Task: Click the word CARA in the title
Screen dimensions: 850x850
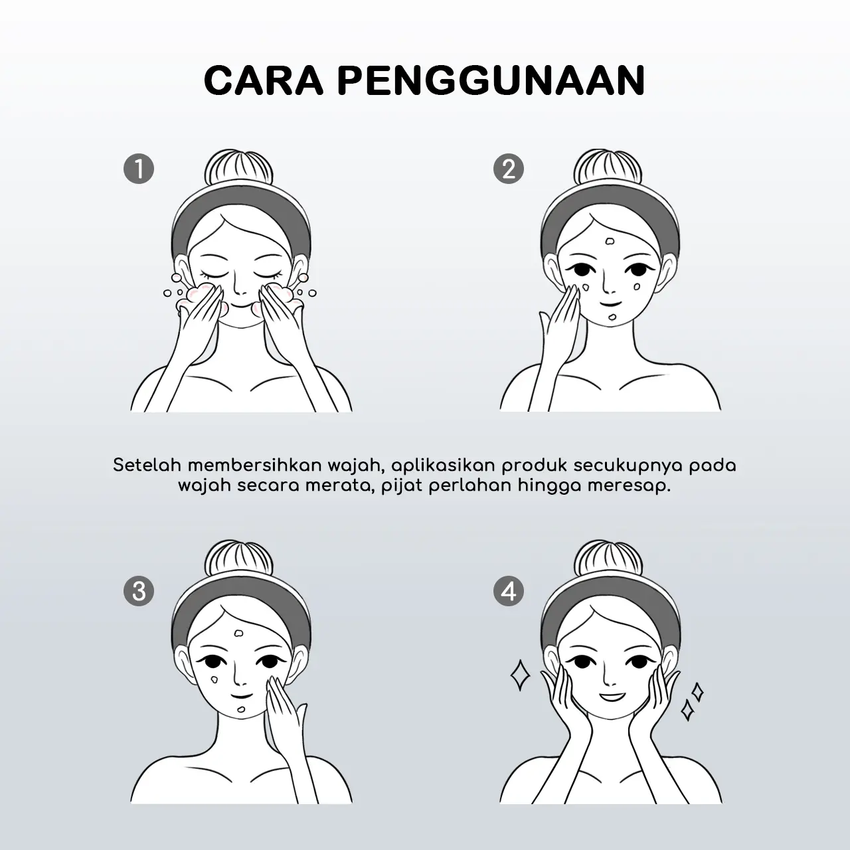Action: [264, 80]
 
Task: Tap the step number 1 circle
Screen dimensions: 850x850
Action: [139, 169]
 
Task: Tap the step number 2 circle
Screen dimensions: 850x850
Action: [509, 169]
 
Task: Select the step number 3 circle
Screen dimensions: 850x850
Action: [139, 591]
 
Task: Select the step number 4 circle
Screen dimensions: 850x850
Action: [509, 591]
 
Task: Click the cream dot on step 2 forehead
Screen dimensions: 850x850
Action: [610, 242]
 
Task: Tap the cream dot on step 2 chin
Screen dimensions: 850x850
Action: [612, 317]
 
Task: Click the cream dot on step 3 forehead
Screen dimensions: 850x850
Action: [238, 634]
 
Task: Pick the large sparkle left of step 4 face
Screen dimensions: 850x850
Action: [520, 675]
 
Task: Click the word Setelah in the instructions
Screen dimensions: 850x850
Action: [147, 466]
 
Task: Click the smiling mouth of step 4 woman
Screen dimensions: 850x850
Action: [610, 697]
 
